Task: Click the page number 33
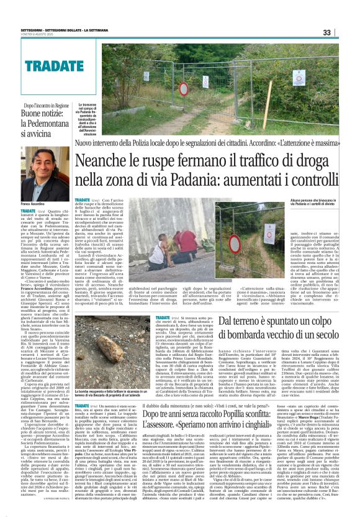[344, 32]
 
